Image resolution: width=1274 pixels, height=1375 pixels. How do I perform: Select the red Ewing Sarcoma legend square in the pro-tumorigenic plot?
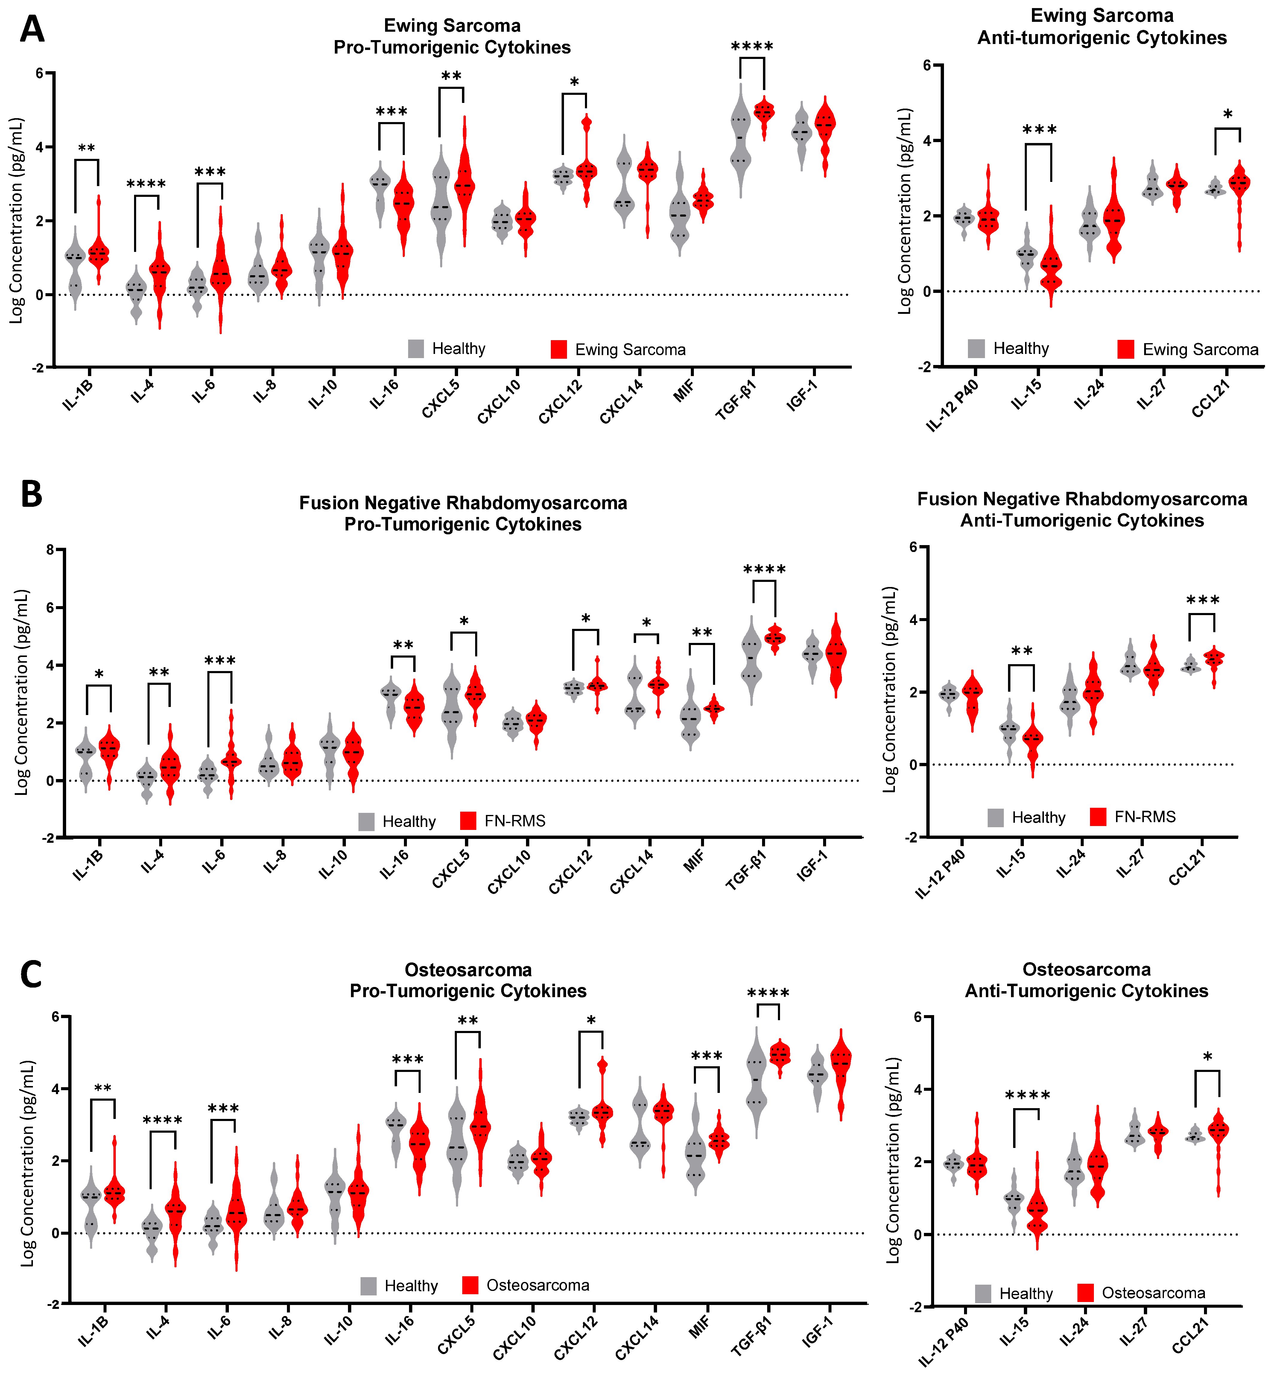[x=558, y=349]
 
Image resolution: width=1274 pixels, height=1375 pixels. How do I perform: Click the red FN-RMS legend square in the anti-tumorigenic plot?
[x=1098, y=817]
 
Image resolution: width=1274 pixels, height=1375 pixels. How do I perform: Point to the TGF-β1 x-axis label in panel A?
[x=736, y=400]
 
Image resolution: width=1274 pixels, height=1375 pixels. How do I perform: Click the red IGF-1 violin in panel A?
[x=825, y=134]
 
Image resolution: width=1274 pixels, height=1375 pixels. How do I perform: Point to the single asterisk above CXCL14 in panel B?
[x=646, y=624]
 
